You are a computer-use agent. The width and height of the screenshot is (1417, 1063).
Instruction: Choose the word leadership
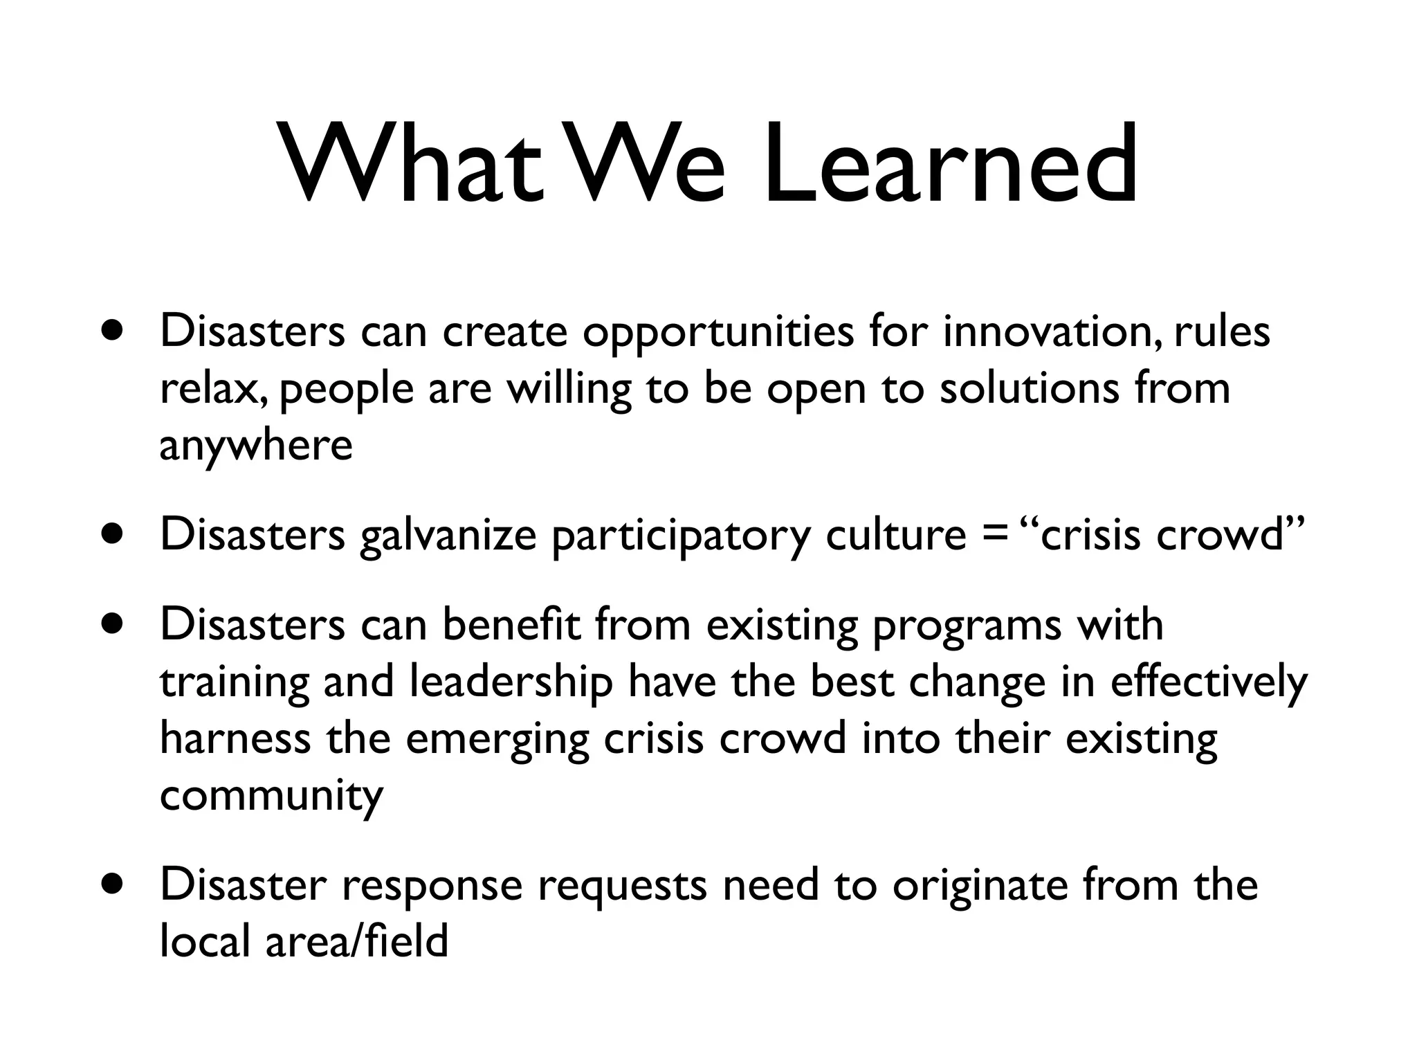click(x=511, y=682)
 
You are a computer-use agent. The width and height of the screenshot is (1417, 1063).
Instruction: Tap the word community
click(x=271, y=796)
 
